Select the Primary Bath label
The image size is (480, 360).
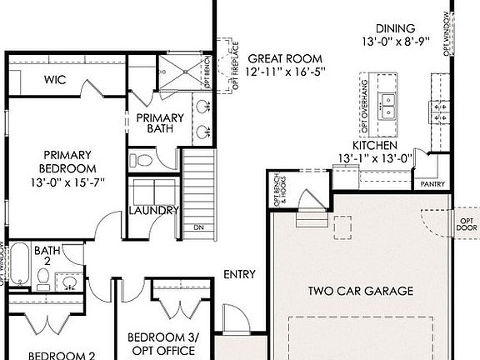[154, 124]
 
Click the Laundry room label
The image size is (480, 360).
[153, 211]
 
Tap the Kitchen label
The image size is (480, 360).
[374, 145]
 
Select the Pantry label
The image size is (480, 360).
[432, 184]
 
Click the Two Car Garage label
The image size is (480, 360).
[361, 291]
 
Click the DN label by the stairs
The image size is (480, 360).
[198, 227]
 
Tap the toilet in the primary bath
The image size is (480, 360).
[143, 159]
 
